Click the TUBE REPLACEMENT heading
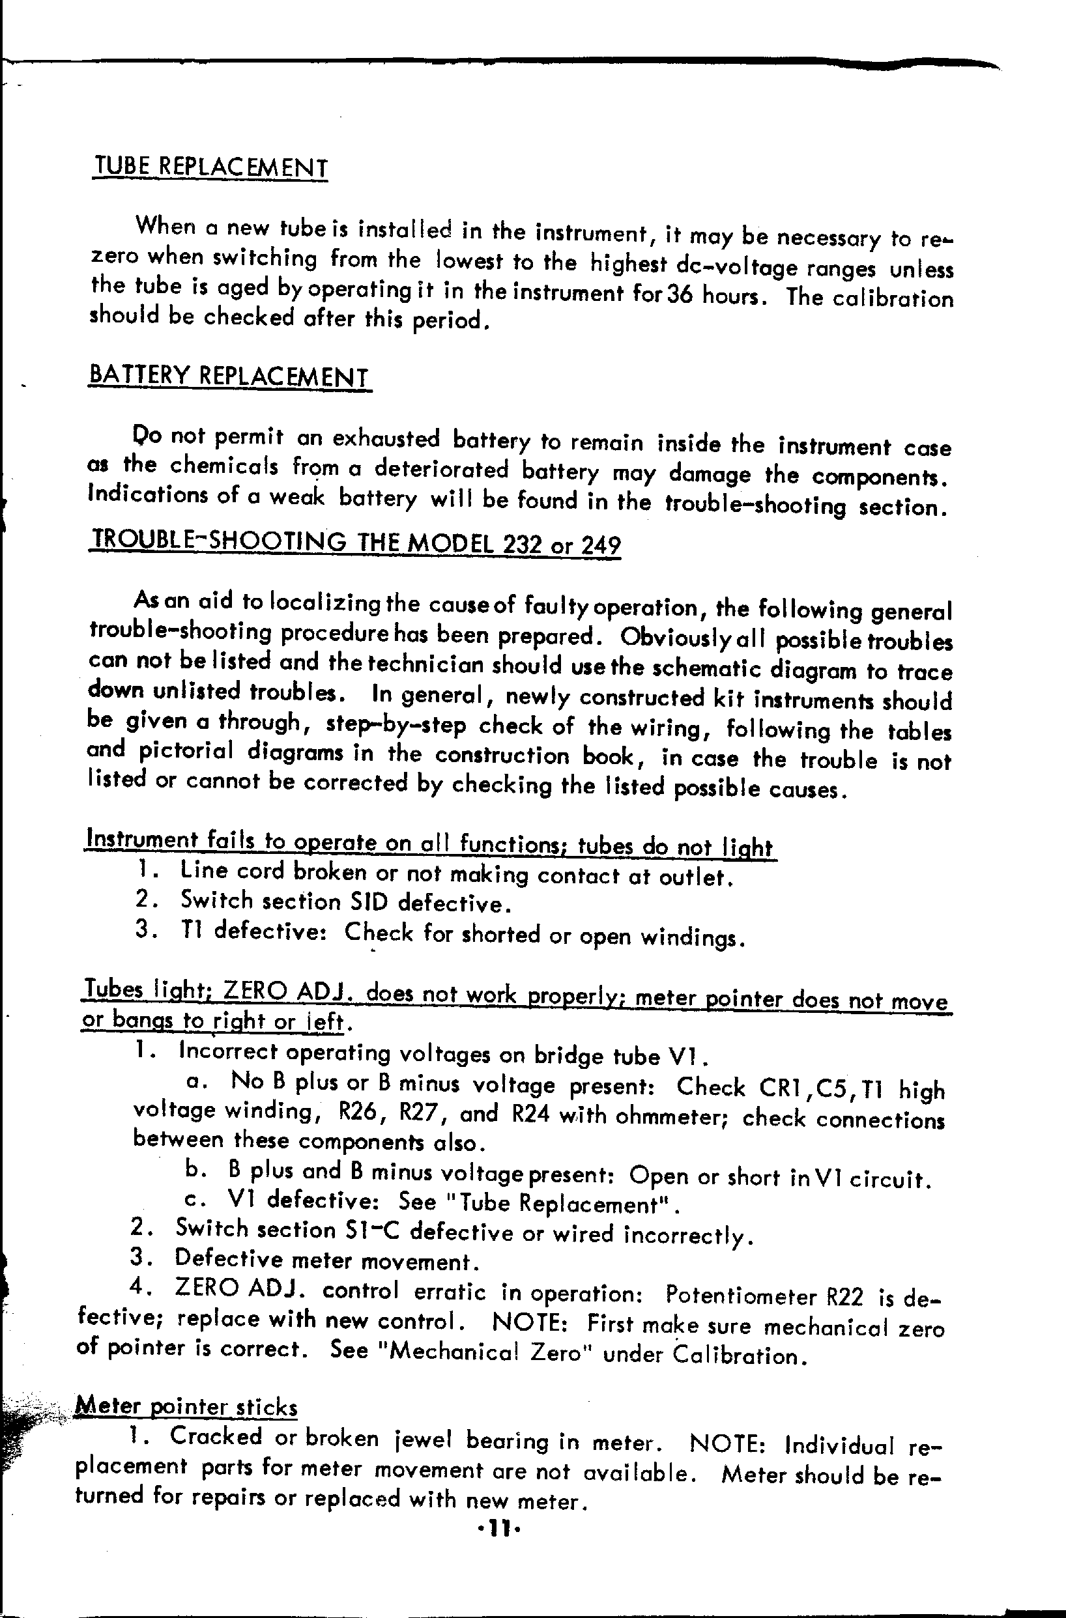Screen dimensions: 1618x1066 coord(210,167)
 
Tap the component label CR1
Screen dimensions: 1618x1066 coord(785,1088)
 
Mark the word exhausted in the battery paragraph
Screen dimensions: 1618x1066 coord(386,439)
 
